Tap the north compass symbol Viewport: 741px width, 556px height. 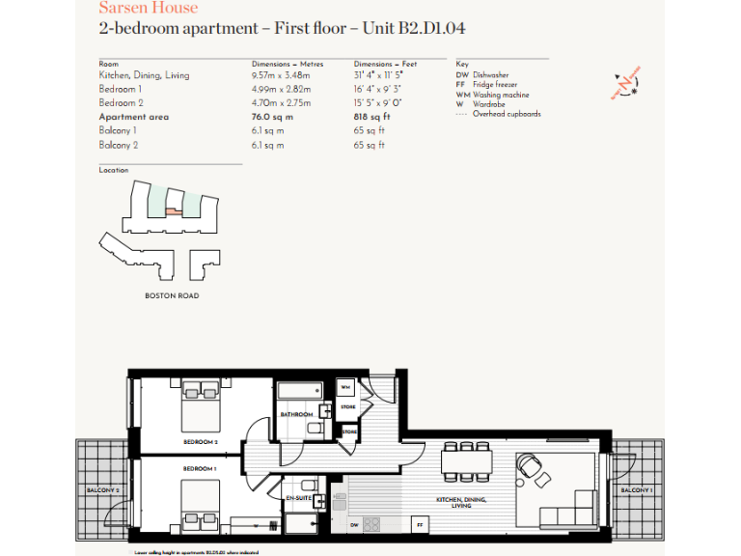pyautogui.click(x=624, y=86)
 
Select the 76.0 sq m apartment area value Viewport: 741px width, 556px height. pyautogui.click(x=272, y=117)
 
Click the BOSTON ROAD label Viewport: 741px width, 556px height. pyautogui.click(x=172, y=295)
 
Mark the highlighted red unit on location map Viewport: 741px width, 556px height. pyautogui.click(x=171, y=209)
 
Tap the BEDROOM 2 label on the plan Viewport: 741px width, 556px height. pyautogui.click(x=201, y=441)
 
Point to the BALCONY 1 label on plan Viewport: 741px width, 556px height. pyautogui.click(x=636, y=491)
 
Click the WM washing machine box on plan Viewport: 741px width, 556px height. pyautogui.click(x=345, y=388)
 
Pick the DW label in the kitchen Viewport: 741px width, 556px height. pyautogui.click(x=354, y=524)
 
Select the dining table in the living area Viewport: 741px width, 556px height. pyautogui.click(x=469, y=463)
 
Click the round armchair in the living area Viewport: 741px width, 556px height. pyautogui.click(x=530, y=467)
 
